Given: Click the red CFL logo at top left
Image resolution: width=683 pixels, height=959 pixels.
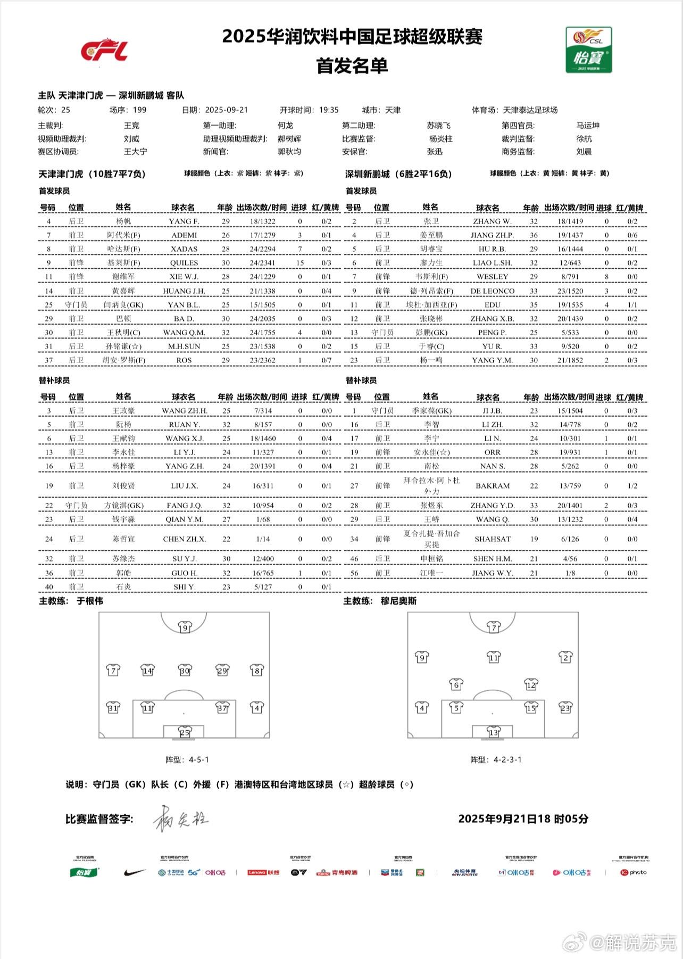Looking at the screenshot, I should coord(104,51).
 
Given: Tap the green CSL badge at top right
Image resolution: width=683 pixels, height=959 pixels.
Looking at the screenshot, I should coord(588,49).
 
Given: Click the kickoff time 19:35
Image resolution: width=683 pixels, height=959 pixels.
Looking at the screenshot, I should coord(329,110).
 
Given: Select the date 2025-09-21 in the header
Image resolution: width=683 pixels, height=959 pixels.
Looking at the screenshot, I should coord(226,110).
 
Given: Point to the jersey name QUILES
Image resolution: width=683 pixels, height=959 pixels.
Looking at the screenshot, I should coord(184,263).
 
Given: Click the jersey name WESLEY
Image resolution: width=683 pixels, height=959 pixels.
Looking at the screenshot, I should coord(492,277).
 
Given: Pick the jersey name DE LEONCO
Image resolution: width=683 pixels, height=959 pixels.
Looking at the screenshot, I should coord(492,291).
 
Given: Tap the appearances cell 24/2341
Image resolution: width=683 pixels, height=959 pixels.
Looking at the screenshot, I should coord(263,263).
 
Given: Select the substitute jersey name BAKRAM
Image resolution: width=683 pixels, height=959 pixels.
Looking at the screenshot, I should coord(492,486).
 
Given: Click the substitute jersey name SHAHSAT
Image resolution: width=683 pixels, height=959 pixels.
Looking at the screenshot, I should coord(492,539).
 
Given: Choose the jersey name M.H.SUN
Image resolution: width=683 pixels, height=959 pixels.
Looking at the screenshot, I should coord(184,346).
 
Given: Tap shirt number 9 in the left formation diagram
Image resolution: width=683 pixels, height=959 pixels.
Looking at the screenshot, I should coord(185,627).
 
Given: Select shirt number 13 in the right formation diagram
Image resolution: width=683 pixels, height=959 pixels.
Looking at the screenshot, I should coord(494,732).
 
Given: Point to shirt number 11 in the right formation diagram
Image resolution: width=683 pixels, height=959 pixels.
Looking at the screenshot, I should coord(494,658).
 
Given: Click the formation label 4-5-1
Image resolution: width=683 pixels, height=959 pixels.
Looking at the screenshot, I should coord(198,759).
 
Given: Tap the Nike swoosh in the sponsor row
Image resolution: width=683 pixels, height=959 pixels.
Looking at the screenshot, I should coord(135,873).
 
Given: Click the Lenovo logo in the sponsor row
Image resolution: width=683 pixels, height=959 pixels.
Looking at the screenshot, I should coord(257,873).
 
